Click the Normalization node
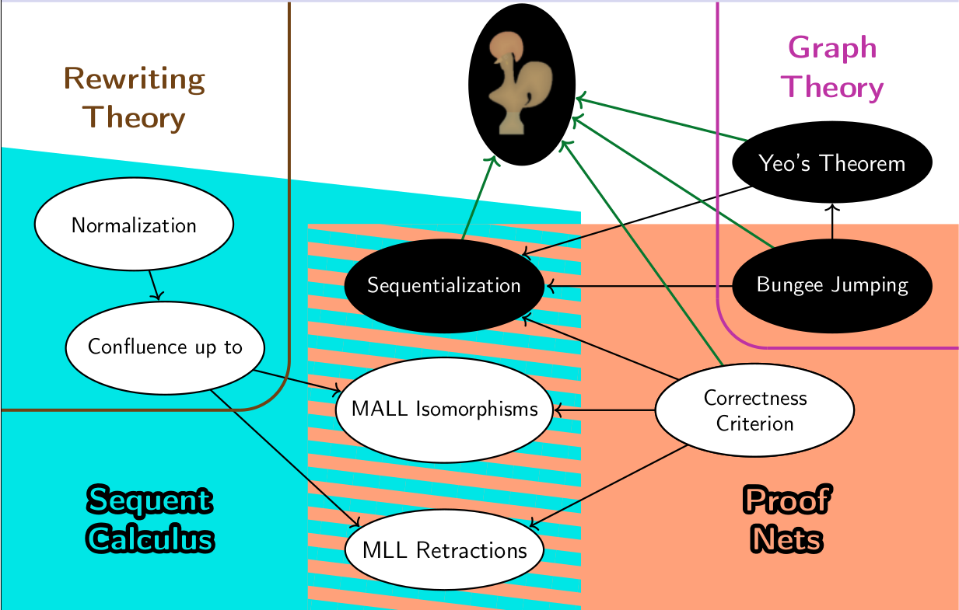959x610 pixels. click(134, 225)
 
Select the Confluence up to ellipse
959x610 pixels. click(165, 347)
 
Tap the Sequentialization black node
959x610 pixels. click(444, 285)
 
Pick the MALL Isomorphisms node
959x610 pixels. click(444, 409)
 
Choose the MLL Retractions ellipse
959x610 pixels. click(444, 550)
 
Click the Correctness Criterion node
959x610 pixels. click(754, 410)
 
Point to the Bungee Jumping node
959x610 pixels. click(831, 284)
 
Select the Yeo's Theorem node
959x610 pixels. click(831, 164)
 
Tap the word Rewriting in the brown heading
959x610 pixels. click(134, 78)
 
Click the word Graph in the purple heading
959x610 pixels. click(832, 48)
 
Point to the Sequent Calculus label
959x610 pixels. click(149, 518)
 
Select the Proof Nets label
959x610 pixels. click(786, 518)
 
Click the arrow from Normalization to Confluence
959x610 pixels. click(154, 284)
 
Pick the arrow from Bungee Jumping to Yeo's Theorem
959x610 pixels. click(832, 221)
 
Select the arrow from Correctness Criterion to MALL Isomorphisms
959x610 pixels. click(604, 409)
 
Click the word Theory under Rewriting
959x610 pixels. click(134, 117)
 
